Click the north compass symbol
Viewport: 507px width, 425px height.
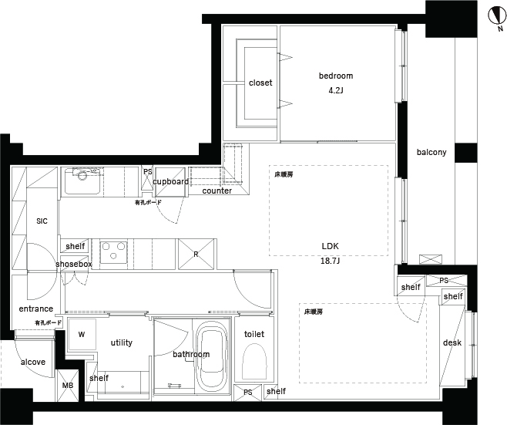point(498,15)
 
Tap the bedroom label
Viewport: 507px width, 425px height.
point(336,76)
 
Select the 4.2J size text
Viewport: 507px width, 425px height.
point(336,90)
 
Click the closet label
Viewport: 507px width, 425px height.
point(260,83)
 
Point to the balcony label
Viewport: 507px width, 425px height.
point(431,152)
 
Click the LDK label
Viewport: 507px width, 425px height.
point(330,246)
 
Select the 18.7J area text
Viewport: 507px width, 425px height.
point(330,261)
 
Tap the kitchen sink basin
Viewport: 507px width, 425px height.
point(82,181)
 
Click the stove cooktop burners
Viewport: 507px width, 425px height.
point(113,251)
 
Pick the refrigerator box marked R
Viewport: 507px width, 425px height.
point(196,254)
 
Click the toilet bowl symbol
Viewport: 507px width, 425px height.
point(254,362)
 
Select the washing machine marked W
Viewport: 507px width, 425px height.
point(82,334)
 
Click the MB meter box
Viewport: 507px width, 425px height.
point(68,385)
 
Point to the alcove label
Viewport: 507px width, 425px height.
point(33,362)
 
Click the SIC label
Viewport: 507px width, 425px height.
point(42,221)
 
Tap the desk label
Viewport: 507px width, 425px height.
point(452,342)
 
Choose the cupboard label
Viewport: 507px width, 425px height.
point(171,181)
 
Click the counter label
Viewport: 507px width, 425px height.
point(217,191)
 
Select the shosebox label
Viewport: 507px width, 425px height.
point(74,264)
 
